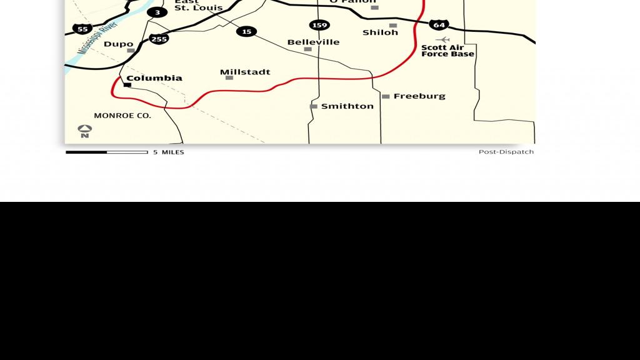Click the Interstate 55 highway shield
(x=82, y=29)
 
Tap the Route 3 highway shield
(x=157, y=12)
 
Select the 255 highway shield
(x=159, y=39)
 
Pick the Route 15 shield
(x=247, y=31)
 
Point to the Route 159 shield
(x=319, y=25)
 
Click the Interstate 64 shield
(x=439, y=25)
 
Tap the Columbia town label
(x=154, y=78)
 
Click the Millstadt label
(x=245, y=72)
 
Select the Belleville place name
(x=313, y=42)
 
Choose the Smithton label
(x=347, y=106)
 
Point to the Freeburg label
(x=419, y=96)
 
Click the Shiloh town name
(x=380, y=32)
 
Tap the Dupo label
(x=118, y=44)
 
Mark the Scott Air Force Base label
(x=447, y=51)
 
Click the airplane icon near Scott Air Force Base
(x=442, y=39)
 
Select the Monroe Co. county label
(x=122, y=116)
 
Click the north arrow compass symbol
(x=85, y=131)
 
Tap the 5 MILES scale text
(x=169, y=152)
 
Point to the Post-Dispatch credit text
(x=506, y=152)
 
